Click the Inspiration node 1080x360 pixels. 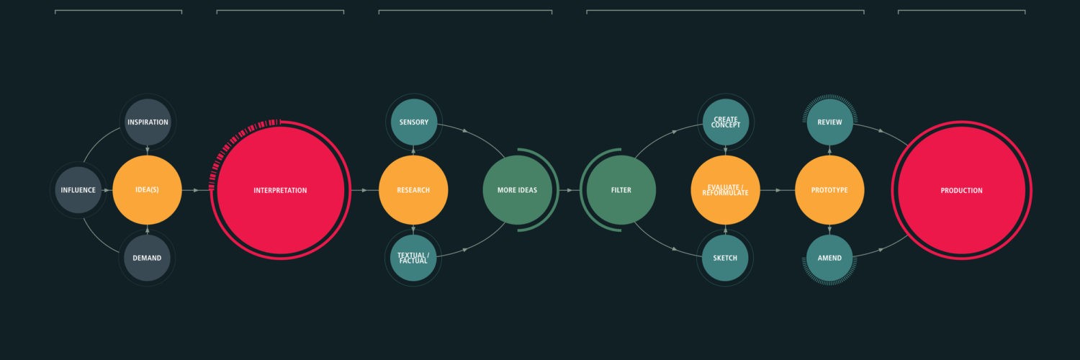(148, 122)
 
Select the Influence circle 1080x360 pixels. (78, 190)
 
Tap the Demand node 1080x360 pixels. (147, 258)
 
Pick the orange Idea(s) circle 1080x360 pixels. (147, 190)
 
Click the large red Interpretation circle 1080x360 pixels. (281, 190)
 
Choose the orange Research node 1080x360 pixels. (413, 190)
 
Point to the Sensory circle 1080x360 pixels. (414, 122)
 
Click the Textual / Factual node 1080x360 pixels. (413, 258)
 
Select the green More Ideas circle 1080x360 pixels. (518, 190)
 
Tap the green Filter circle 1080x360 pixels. (621, 190)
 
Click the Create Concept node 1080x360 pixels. (726, 122)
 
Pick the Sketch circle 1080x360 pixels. (725, 258)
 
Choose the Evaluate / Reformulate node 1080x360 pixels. (726, 190)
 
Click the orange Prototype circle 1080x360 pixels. (829, 190)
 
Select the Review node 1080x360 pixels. (829, 122)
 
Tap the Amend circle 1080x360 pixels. (829, 258)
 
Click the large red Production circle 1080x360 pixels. (962, 190)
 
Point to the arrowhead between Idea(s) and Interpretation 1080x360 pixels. (197, 190)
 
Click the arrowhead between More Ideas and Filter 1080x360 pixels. (570, 190)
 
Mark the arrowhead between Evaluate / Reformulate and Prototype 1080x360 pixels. (778, 190)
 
